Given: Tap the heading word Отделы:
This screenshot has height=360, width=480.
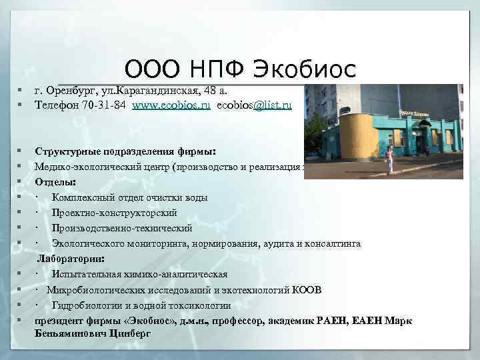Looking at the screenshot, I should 55,181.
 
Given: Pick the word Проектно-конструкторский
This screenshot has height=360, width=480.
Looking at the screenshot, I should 115,213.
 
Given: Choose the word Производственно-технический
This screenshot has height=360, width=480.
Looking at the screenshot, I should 121,228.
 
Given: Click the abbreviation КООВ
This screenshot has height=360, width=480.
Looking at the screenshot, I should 308,290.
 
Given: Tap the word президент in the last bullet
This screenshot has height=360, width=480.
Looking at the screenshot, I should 60,321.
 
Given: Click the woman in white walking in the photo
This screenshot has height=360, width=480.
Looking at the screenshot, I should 389,162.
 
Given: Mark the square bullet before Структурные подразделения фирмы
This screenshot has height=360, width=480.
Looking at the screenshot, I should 22,151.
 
